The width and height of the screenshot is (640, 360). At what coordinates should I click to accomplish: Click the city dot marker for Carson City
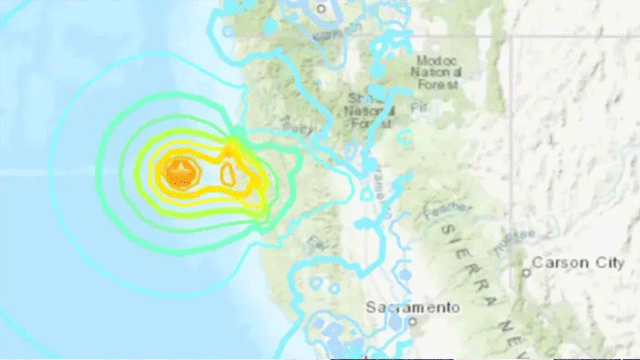tap(526, 271)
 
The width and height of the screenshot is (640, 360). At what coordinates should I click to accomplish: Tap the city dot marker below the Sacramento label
tap(399, 322)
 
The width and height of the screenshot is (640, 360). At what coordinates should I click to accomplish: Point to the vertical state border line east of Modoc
tap(513, 120)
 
